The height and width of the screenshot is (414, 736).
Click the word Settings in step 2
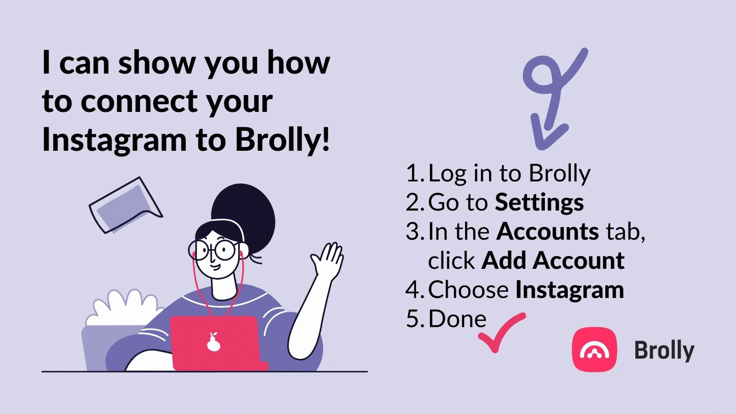539,203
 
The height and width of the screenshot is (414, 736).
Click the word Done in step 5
457,319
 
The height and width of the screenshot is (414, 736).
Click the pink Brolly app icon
594,350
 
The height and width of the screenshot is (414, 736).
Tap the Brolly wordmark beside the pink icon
664,351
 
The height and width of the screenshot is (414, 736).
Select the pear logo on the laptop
214,342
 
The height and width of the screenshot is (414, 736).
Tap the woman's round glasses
214,250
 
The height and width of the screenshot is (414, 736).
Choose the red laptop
219,343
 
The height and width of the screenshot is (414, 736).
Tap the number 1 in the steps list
413,173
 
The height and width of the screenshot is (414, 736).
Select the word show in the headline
157,63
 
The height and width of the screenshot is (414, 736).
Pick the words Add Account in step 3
553,261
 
